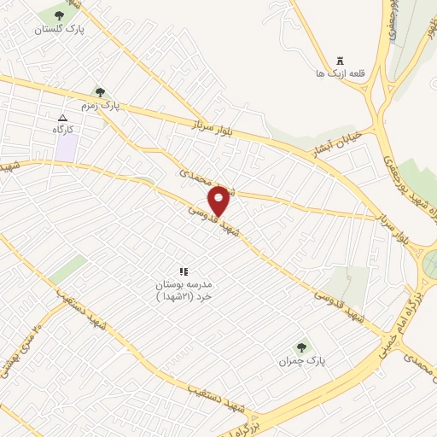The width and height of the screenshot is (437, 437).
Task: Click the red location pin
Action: (x=219, y=201)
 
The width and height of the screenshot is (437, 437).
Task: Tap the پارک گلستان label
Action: (x=58, y=29)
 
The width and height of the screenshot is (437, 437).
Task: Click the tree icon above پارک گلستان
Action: (x=58, y=15)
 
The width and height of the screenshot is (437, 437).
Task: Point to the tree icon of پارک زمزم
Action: (x=100, y=92)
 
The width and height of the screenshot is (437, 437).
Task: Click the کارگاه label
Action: (x=63, y=129)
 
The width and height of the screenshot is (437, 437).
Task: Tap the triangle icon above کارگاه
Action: (x=61, y=118)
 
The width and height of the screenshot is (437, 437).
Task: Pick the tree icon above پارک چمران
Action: (x=300, y=347)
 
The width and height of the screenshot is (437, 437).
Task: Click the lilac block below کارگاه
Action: (x=67, y=146)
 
